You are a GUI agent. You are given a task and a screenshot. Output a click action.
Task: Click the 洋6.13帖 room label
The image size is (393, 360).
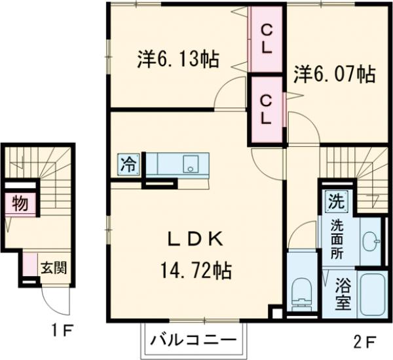178,59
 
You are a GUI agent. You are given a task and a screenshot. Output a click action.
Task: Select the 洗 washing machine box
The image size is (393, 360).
335,199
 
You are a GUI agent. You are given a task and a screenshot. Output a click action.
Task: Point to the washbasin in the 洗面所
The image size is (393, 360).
371,242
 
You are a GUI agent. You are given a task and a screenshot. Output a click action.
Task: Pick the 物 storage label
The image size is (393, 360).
20,204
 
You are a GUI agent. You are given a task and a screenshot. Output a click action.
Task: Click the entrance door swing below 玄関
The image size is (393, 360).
56,303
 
